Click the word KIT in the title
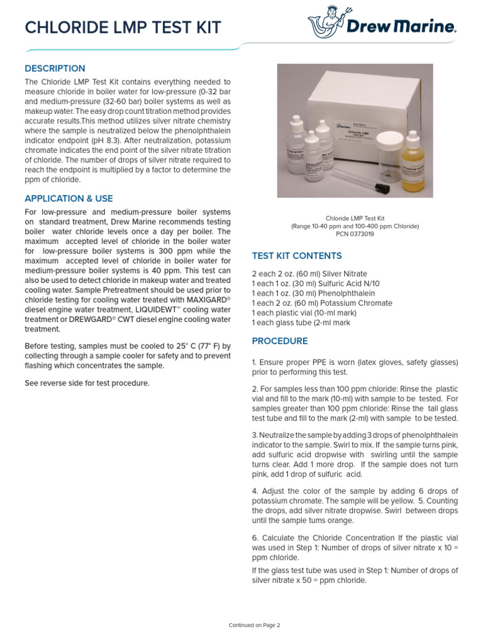point(204,28)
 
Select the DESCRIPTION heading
point(55,69)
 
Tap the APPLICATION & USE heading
point(69,199)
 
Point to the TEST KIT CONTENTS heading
point(297,256)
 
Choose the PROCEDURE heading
point(280,341)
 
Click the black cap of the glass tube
point(379,187)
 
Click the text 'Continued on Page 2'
point(254,625)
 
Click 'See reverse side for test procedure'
point(87,384)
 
